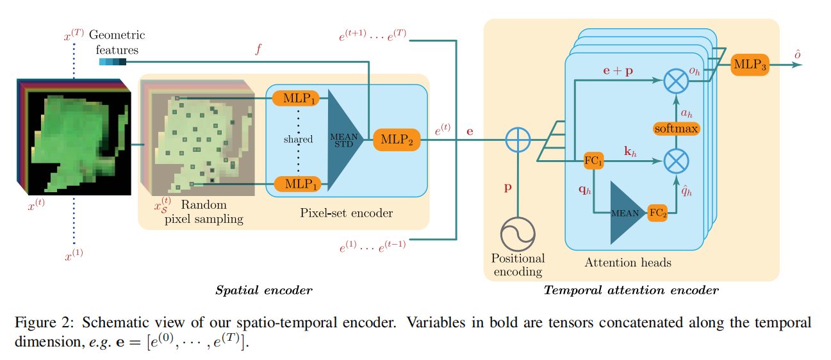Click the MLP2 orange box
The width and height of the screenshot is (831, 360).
(396, 138)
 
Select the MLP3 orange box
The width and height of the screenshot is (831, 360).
(749, 65)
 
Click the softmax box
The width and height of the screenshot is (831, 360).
(675, 128)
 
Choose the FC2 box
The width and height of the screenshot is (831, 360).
(657, 213)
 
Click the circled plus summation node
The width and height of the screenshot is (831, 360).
(518, 138)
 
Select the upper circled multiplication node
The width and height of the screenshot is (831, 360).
(675, 81)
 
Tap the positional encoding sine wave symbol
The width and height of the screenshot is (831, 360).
(518, 233)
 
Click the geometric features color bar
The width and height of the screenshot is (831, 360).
(113, 61)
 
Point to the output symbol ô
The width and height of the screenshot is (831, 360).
(798, 55)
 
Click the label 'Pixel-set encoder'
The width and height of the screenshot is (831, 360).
(346, 213)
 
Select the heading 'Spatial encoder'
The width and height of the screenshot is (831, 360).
(264, 291)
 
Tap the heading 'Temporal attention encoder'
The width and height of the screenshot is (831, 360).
(631, 291)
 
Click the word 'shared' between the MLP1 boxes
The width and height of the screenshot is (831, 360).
(298, 139)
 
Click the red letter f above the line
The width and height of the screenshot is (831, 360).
(258, 49)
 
